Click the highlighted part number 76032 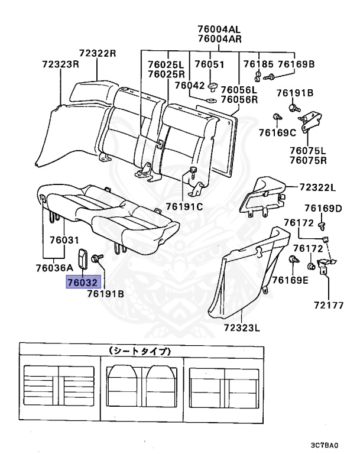[x=83, y=283]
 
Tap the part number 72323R [x=60, y=64]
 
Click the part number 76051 [x=210, y=64]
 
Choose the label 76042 [x=193, y=85]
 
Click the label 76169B [x=296, y=64]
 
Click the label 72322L [x=317, y=188]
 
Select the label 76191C [x=184, y=206]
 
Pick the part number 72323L [x=242, y=327]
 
